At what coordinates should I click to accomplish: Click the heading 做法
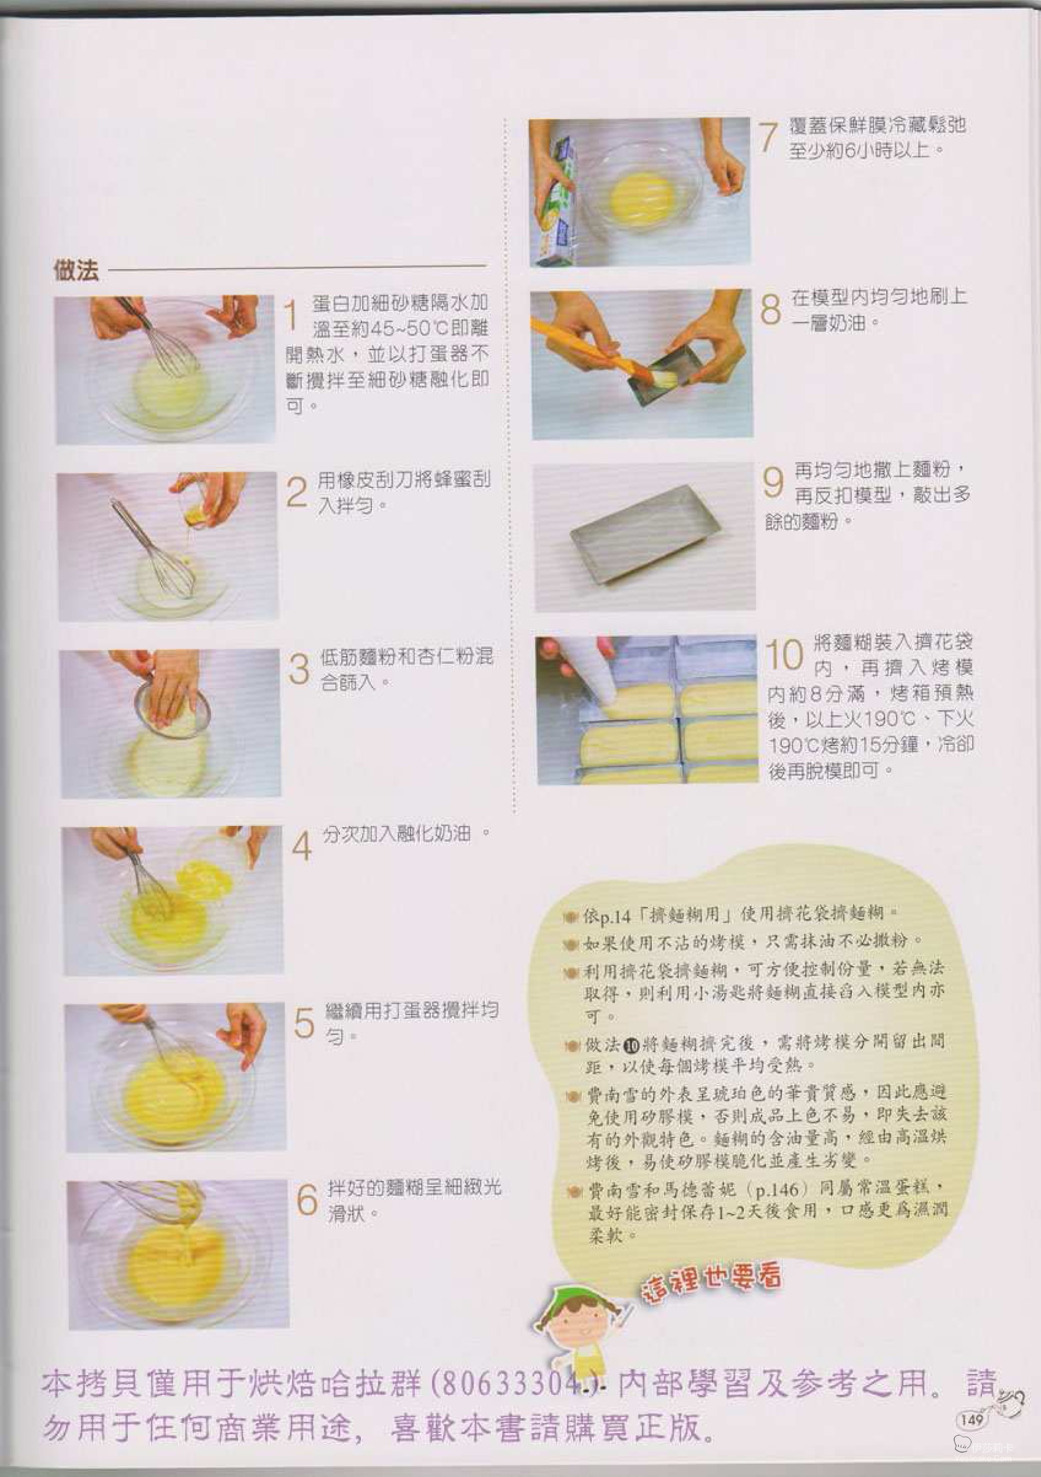tap(76, 270)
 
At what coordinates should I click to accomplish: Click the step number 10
tap(784, 655)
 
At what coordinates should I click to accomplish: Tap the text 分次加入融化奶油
tap(397, 835)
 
